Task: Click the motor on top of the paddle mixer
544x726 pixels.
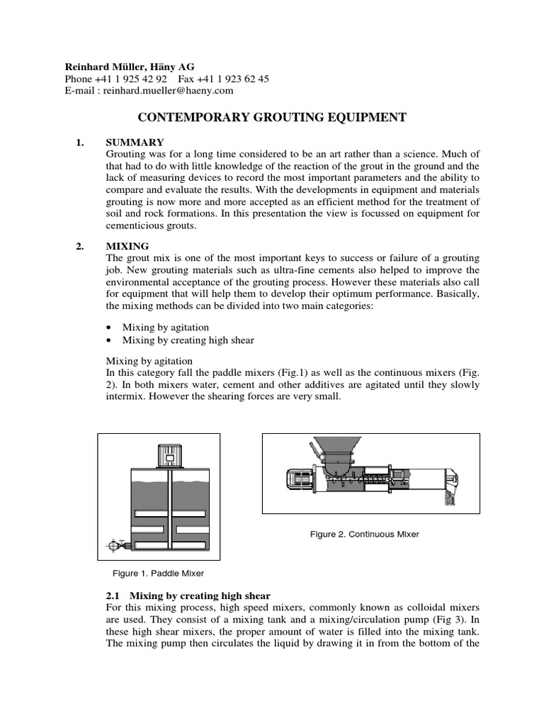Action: click(x=171, y=454)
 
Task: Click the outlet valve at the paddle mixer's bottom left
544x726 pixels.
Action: click(x=114, y=546)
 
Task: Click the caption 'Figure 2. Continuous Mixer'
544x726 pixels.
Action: click(x=364, y=534)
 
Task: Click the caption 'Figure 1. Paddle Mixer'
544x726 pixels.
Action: click(x=159, y=573)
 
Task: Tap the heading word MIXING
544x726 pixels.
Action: click(x=127, y=246)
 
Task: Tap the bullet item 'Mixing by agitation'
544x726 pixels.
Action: click(x=166, y=327)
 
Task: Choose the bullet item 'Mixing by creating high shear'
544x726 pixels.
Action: click(x=188, y=340)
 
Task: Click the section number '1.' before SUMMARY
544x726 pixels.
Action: click(x=80, y=143)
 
